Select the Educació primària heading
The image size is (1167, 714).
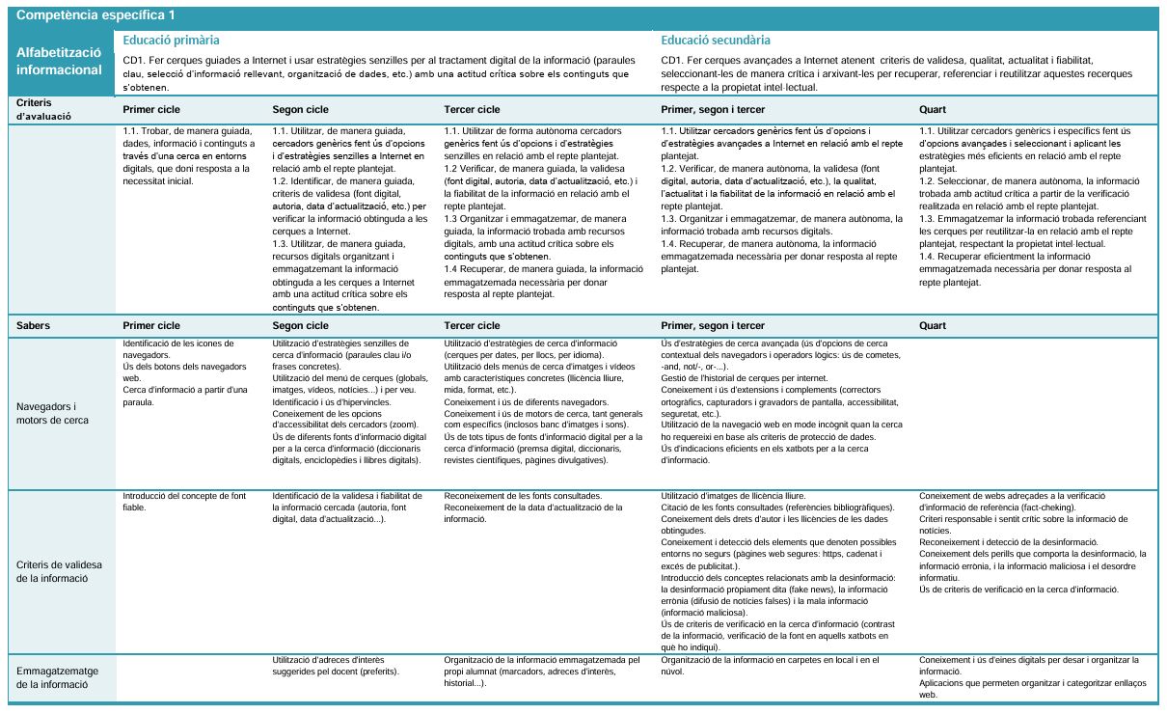(x=171, y=41)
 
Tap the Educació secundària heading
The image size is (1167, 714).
(x=716, y=41)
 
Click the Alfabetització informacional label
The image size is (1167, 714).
(x=59, y=62)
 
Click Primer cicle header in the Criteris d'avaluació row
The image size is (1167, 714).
(x=151, y=109)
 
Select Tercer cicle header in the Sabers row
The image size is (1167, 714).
(x=472, y=326)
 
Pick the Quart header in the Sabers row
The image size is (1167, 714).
(x=933, y=326)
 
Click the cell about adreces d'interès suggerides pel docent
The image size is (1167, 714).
(x=336, y=665)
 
